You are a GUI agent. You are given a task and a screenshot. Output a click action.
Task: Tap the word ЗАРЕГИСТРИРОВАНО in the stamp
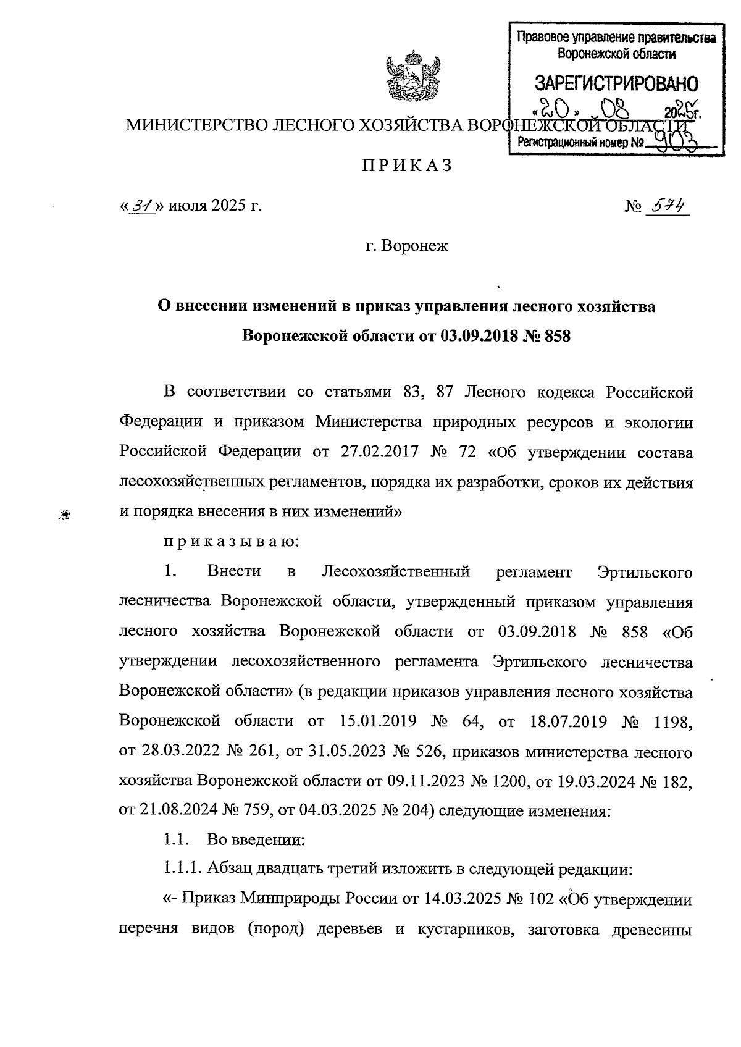(x=616, y=83)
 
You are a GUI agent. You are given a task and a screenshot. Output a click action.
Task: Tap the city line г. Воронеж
(x=406, y=246)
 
